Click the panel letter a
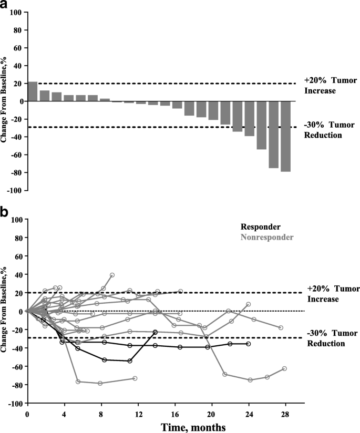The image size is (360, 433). pyautogui.click(x=5, y=5)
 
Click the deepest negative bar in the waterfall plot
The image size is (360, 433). pyautogui.click(x=285, y=136)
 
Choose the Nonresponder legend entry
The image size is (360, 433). pyautogui.click(x=267, y=237)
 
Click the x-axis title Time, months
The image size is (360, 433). pyautogui.click(x=164, y=428)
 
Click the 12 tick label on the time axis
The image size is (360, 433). pyautogui.click(x=138, y=413)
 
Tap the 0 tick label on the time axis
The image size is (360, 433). pyautogui.click(x=27, y=413)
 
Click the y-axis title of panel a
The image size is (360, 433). pyautogui.click(x=4, y=101)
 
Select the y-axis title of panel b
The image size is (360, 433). pyautogui.click(x=4, y=311)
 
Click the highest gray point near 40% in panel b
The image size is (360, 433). pyautogui.click(x=112, y=275)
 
